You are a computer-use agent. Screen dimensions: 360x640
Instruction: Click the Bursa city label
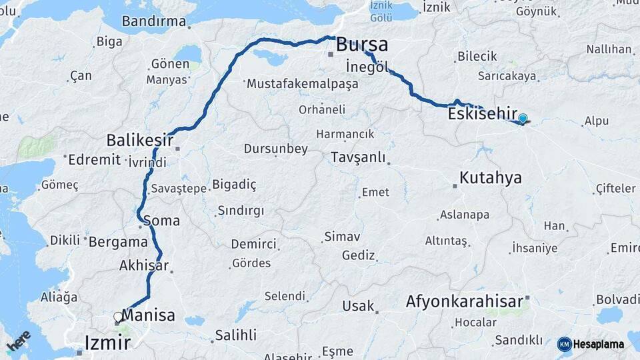pyautogui.click(x=362, y=45)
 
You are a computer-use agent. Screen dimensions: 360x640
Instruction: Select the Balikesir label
pyautogui.click(x=140, y=141)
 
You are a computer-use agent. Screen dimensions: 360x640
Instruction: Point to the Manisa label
pyautogui.click(x=149, y=315)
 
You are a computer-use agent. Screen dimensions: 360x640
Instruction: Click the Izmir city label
pyautogui.click(x=107, y=343)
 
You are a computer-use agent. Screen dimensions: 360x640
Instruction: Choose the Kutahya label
pyautogui.click(x=491, y=178)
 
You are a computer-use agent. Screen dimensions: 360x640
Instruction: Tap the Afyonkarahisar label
pyautogui.click(x=465, y=302)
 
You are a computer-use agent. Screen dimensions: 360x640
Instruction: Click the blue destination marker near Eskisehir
pyautogui.click(x=523, y=119)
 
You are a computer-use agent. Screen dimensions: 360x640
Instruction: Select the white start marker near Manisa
pyautogui.click(x=119, y=317)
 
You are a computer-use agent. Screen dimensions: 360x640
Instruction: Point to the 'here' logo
pyautogui.click(x=19, y=341)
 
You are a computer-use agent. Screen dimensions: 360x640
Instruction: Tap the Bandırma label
pyautogui.click(x=154, y=21)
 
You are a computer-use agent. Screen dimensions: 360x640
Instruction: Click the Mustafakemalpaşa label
pyautogui.click(x=302, y=85)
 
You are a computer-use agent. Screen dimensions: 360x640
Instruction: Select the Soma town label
pyautogui.click(x=161, y=220)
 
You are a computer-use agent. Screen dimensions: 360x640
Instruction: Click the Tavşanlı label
pyautogui.click(x=358, y=157)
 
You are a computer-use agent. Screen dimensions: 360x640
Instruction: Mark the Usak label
pyautogui.click(x=358, y=305)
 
